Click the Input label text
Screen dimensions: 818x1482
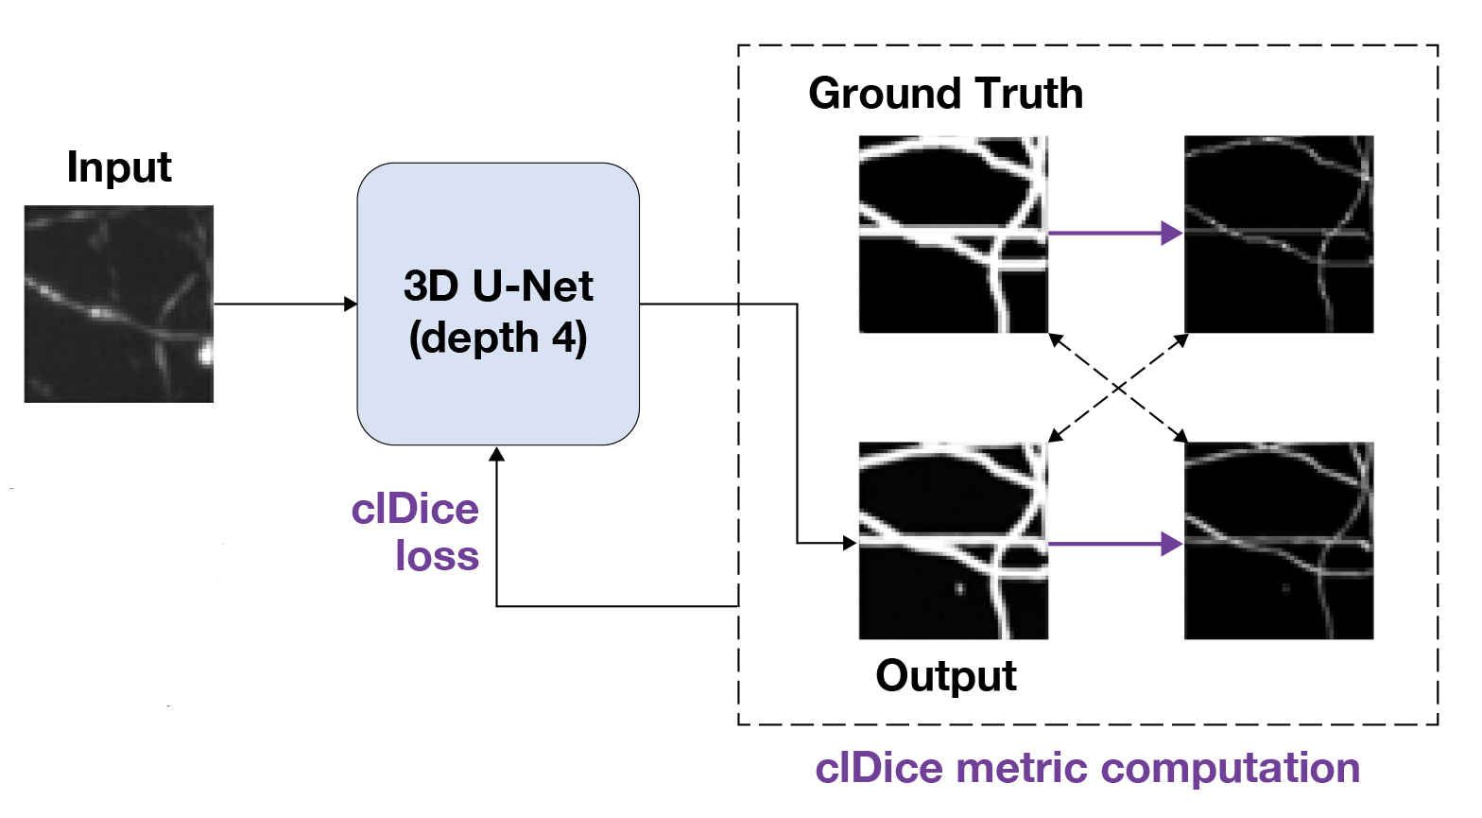(119, 168)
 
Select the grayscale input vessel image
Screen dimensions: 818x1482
(119, 304)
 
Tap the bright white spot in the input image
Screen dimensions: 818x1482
(205, 356)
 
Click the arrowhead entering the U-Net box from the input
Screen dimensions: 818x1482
(351, 304)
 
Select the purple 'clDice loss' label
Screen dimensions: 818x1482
(416, 532)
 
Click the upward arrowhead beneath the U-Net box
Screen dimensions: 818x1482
(497, 455)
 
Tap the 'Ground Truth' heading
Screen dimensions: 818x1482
(945, 94)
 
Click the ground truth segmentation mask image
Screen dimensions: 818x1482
(953, 234)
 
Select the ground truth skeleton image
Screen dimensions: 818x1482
(1278, 234)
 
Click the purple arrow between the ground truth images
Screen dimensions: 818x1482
(1115, 233)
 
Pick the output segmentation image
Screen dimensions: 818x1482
(953, 540)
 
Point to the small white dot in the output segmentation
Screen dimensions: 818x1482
(959, 588)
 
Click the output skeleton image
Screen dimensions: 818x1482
(1278, 540)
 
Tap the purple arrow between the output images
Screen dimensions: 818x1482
(1115, 544)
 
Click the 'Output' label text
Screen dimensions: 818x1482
(946, 676)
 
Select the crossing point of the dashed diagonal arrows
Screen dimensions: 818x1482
(1117, 388)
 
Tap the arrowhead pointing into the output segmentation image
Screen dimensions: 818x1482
(849, 543)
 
